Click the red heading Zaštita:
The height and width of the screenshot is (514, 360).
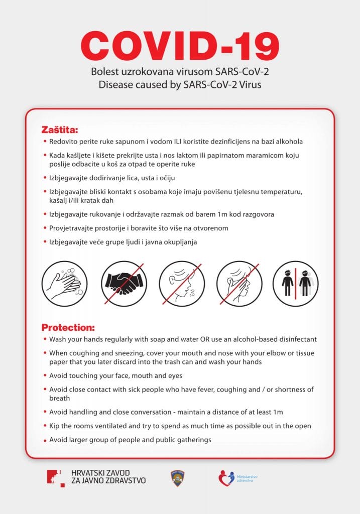tap(60, 129)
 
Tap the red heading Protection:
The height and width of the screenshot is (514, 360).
tap(68, 327)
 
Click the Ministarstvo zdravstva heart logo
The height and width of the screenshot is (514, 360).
tap(226, 478)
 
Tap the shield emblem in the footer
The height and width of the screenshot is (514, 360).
tap(178, 478)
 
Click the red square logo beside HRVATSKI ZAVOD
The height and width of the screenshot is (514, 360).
tap(55, 478)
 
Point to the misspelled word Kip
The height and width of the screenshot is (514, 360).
tap(55, 426)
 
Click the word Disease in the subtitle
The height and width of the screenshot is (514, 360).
tap(115, 84)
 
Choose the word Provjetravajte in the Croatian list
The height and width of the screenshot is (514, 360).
tap(71, 228)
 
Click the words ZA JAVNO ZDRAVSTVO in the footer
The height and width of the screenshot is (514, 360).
tap(108, 481)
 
